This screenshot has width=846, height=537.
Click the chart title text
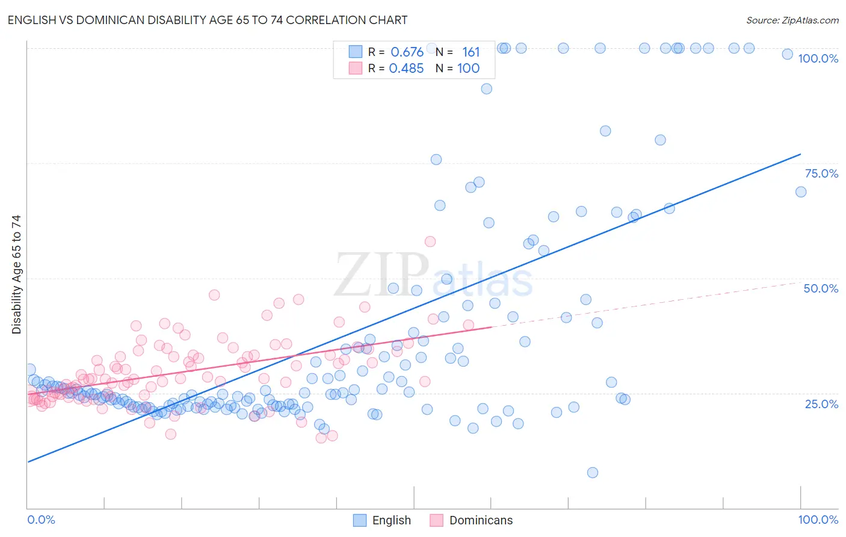coord(208,20)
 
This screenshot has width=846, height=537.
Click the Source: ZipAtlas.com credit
coord(792,20)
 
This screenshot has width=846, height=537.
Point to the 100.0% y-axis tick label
coord(818,58)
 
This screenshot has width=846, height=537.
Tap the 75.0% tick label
coord(821,173)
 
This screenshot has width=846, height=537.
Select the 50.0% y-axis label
coord(821,288)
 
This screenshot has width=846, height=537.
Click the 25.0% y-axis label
coord(821,404)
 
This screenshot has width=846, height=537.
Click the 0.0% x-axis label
coord(41,520)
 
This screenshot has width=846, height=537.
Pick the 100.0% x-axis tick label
coord(818,520)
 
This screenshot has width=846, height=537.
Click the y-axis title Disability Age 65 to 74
coord(16,274)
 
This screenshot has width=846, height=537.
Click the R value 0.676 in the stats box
coord(407,52)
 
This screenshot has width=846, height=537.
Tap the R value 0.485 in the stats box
coord(406,68)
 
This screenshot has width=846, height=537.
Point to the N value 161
coord(471,52)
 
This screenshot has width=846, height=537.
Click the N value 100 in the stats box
coord(468,68)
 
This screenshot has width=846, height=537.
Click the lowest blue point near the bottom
coord(593,473)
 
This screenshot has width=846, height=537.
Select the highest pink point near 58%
coord(430,241)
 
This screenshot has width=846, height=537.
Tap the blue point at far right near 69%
coord(801,192)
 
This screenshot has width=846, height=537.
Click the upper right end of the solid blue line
coord(800,154)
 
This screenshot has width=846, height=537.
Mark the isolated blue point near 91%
coord(487,89)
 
